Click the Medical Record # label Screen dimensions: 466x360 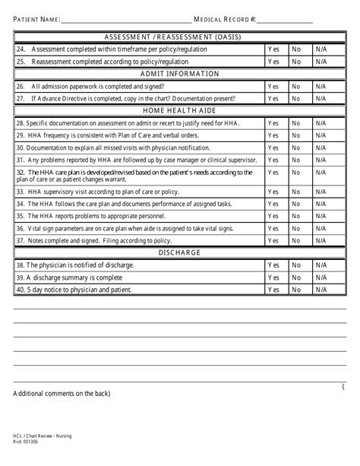pyautogui.click(x=226, y=18)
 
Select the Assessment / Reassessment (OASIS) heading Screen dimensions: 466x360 pyautogui.click(x=180, y=36)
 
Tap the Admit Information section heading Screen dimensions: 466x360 pyautogui.click(x=180, y=74)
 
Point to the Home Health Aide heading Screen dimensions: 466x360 pyautogui.click(x=180, y=111)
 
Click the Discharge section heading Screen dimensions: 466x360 pyautogui.click(x=180, y=252)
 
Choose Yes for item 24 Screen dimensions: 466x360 pyautogui.click(x=273, y=49)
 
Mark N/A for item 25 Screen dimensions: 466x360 pyautogui.click(x=321, y=62)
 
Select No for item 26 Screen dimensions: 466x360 pyautogui.click(x=296, y=87)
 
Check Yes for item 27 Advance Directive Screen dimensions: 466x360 pyautogui.click(x=273, y=99)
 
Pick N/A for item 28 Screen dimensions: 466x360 pyautogui.click(x=321, y=123)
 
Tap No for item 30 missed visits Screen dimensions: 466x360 pyautogui.click(x=296, y=147)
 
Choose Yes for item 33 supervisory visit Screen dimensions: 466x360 pyautogui.click(x=273, y=192)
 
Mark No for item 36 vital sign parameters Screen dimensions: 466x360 pyautogui.click(x=296, y=228)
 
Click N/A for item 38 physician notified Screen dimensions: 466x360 pyautogui.click(x=321, y=265)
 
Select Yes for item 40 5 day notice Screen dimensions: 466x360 pyautogui.click(x=273, y=290)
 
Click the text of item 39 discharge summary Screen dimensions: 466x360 pyautogui.click(x=68, y=277)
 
